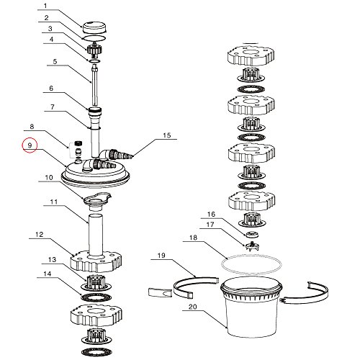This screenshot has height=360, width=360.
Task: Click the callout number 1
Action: [x=45, y=6]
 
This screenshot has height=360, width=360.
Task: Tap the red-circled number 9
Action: [x=30, y=145]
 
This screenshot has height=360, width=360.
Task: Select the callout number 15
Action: [x=167, y=135]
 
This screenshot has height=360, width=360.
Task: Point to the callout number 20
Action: [x=192, y=307]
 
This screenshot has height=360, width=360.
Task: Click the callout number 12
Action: [x=39, y=235]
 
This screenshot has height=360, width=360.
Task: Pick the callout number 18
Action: [x=193, y=238]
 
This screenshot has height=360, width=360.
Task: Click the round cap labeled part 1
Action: [x=94, y=27]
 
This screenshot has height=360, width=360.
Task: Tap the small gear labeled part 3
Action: [x=95, y=50]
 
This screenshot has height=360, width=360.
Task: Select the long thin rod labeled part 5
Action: [x=95, y=86]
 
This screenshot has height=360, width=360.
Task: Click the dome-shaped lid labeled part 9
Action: [x=95, y=175]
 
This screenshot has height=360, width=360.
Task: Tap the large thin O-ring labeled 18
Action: [x=251, y=256]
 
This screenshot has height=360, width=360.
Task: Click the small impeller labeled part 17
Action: [x=252, y=246]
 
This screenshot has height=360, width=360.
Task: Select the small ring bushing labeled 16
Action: [x=252, y=234]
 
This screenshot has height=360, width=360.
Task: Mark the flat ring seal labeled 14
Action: [x=96, y=297]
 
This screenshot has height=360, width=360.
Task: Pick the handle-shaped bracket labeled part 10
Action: [x=97, y=199]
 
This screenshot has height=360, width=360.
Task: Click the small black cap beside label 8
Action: [x=78, y=143]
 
